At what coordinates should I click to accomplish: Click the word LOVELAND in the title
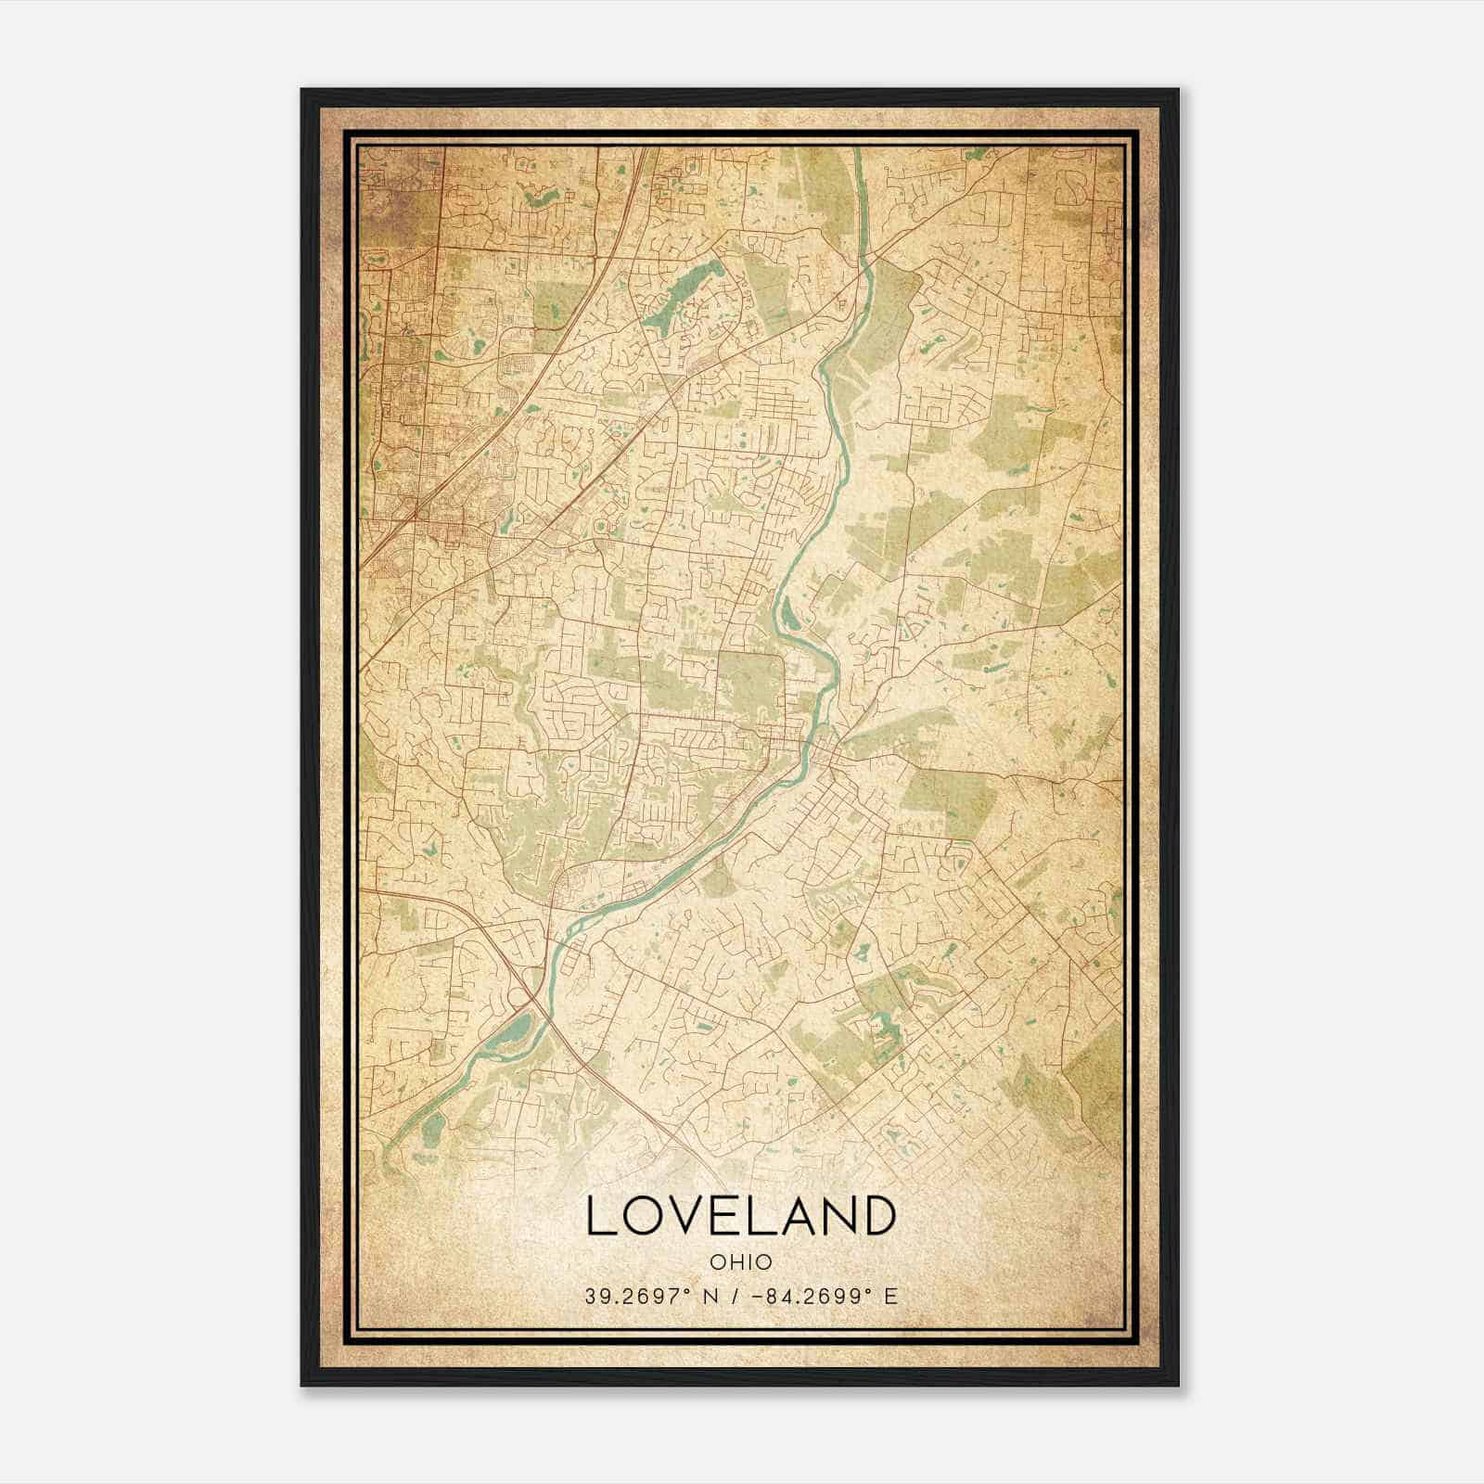[741, 1216]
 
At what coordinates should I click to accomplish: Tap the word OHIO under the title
[741, 1261]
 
